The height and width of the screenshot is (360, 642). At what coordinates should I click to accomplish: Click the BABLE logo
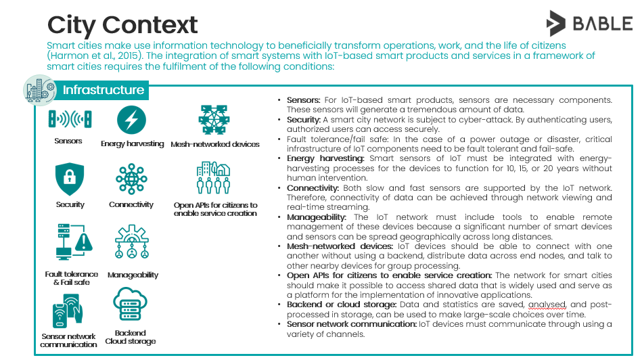[590, 23]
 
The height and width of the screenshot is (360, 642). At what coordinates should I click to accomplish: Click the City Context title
[122, 25]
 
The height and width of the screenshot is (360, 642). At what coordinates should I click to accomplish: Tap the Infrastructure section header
[104, 90]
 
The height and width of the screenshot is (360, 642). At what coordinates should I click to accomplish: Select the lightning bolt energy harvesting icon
[131, 120]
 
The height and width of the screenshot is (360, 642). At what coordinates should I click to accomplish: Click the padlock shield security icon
[70, 179]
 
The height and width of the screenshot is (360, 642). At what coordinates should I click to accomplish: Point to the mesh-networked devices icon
[214, 120]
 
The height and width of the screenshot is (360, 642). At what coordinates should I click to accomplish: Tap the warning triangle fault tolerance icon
[74, 242]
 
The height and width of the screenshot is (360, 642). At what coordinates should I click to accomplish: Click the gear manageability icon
[131, 241]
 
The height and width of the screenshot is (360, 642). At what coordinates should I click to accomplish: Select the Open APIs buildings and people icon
[213, 177]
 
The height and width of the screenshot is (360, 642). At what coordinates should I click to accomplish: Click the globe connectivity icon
[131, 179]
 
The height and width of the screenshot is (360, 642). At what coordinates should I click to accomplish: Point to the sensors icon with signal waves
[70, 119]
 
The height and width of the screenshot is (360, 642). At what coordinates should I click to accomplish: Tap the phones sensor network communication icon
[68, 311]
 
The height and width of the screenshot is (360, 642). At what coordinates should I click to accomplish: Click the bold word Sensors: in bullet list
[303, 100]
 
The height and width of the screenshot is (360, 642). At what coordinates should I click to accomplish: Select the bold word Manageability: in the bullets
[317, 217]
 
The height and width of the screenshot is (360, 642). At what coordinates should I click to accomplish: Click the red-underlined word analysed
[547, 305]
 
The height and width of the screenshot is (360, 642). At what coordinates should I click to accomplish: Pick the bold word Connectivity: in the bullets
[313, 188]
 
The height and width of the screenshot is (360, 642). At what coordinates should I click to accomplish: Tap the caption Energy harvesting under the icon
[132, 143]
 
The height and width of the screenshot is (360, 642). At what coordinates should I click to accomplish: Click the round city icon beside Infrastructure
[40, 90]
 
